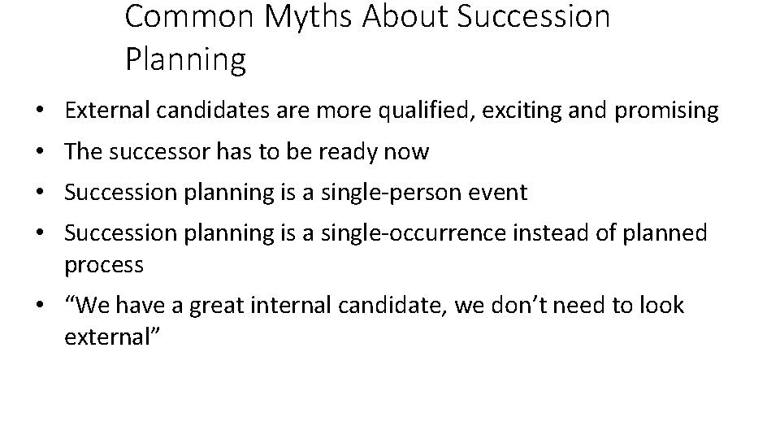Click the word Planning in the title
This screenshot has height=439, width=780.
pyautogui.click(x=185, y=59)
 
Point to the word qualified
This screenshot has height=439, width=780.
pyautogui.click(x=435, y=111)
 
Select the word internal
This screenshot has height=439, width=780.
pyautogui.click(x=292, y=306)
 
